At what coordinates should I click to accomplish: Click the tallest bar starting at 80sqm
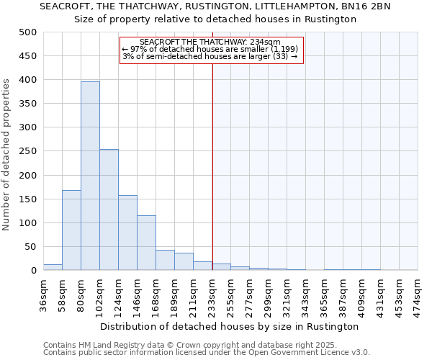pyautogui.click(x=90, y=176)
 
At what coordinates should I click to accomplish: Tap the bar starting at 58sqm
pyautogui.click(x=71, y=230)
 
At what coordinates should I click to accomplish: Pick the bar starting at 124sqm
pyautogui.click(x=127, y=233)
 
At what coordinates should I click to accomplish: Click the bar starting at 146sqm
pyautogui.click(x=146, y=243)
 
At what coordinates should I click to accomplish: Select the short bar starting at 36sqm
pyautogui.click(x=53, y=267)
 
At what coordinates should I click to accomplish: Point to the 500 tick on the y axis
pyautogui.click(x=28, y=32)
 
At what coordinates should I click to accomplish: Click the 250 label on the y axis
pyautogui.click(x=28, y=151)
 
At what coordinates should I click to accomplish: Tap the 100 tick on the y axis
pyautogui.click(x=28, y=222)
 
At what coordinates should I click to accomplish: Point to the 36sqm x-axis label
pyautogui.click(x=43, y=294)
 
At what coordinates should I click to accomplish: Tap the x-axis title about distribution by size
pyautogui.click(x=230, y=326)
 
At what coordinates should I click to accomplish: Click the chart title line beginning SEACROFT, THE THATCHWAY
pyautogui.click(x=215, y=6)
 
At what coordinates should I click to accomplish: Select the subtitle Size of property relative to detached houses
pyautogui.click(x=215, y=19)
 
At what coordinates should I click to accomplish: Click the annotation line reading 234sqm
pyautogui.click(x=210, y=42)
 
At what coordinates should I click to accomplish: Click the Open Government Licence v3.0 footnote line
pyautogui.click(x=207, y=352)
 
